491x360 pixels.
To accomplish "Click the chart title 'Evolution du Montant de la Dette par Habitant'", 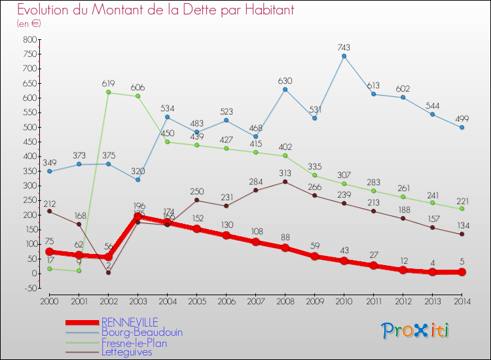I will coord(155,10).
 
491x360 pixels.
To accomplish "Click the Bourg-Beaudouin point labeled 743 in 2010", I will coord(344,56).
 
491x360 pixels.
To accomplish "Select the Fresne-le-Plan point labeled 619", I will coord(108,92).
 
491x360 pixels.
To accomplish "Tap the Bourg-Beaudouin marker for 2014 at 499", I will coord(462,127).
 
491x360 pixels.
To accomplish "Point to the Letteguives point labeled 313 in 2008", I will coord(285,181).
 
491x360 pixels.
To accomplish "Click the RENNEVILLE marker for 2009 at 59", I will coord(314,256).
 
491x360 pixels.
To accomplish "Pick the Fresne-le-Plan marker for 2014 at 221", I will coord(462,209).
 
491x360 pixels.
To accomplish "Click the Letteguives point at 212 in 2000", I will coord(49,211).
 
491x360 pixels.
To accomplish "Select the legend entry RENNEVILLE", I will coord(130,322).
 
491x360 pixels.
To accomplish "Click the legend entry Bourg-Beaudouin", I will coord(141,332).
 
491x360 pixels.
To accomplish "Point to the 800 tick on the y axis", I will coord(29,39).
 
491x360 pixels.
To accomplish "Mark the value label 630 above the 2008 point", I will coord(285,81).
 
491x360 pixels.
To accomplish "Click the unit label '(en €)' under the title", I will coord(29,24).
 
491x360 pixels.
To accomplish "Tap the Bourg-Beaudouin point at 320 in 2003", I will coord(137,179).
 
